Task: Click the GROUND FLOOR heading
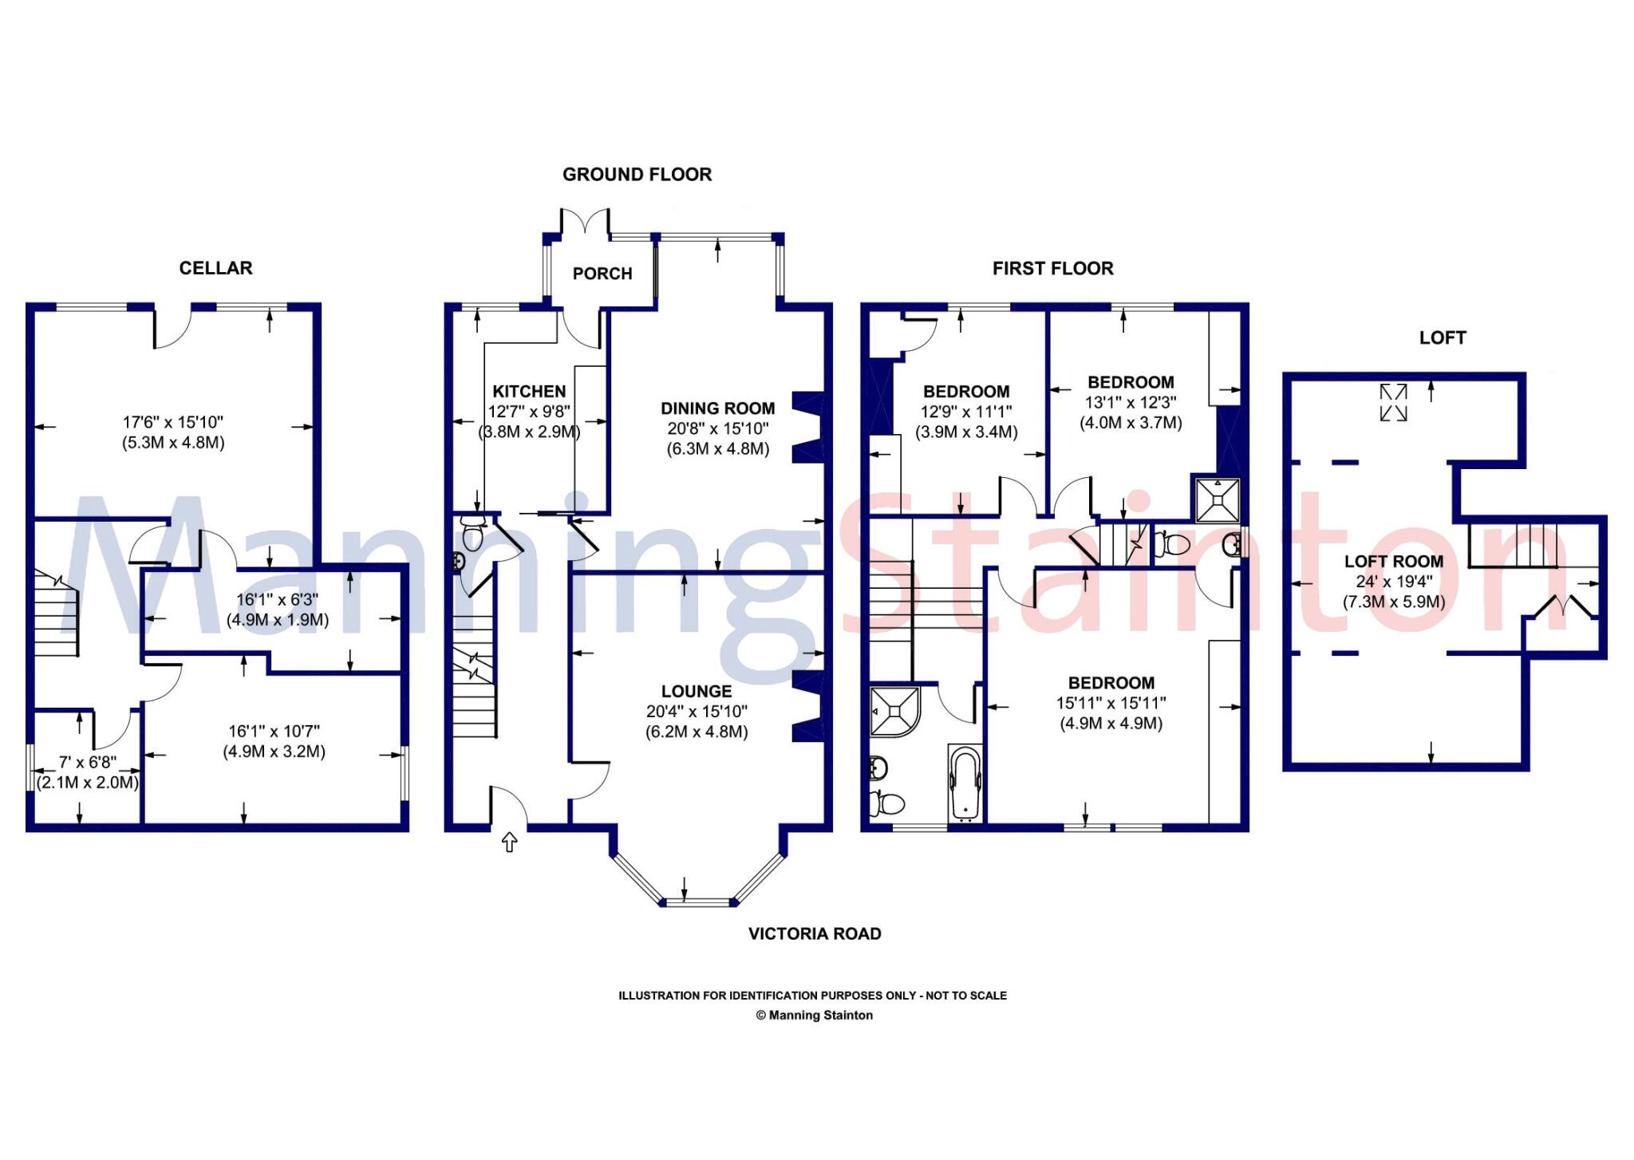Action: [637, 175]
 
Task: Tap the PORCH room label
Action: [602, 274]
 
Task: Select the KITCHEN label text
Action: [529, 392]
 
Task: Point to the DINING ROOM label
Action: [717, 408]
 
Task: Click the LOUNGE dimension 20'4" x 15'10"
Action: [697, 712]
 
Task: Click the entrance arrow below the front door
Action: [510, 842]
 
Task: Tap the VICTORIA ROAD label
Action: [815, 933]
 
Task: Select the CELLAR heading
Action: [215, 268]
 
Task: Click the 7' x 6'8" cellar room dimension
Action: [88, 763]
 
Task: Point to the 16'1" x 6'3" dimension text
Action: [278, 600]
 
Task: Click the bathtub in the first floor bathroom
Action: [965, 783]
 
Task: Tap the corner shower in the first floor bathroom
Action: [894, 710]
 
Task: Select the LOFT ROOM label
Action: [1394, 562]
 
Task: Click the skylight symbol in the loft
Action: [1394, 402]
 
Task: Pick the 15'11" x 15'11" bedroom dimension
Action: [1111, 704]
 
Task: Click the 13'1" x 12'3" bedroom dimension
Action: [1131, 403]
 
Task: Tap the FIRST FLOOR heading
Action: [1052, 269]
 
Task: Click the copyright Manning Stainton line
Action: [815, 1016]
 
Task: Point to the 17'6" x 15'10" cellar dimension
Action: [173, 423]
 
